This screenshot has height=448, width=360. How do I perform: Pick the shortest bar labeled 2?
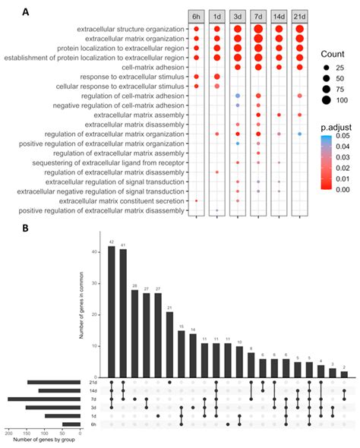click(344, 374)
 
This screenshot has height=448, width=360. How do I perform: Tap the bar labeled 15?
click(181, 353)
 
